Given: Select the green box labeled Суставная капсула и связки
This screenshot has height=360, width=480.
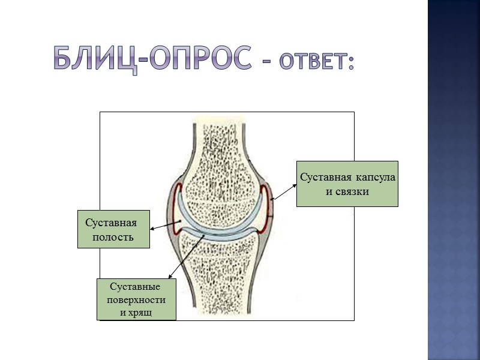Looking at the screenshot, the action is tap(347, 184).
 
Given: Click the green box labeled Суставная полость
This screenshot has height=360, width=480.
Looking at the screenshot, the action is tap(113, 229).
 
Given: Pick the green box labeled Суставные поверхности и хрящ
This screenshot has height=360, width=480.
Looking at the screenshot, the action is tap(137, 299).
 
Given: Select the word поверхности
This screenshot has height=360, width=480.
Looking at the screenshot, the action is tap(136, 300).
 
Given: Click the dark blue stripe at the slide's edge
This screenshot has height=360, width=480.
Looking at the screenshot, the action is tap(454, 180).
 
